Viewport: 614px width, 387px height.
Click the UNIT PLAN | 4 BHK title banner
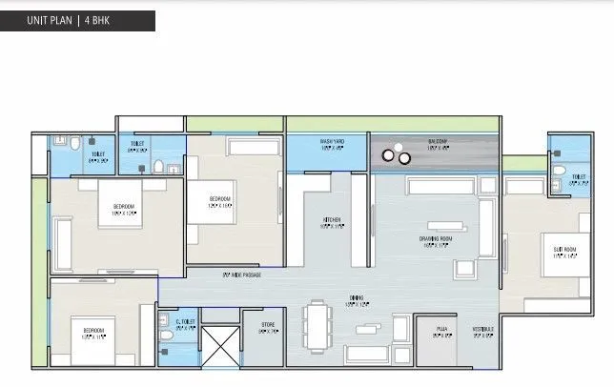pos(77,21)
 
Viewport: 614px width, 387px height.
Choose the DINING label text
pos(329,297)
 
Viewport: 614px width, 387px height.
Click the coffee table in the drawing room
pos(443,228)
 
